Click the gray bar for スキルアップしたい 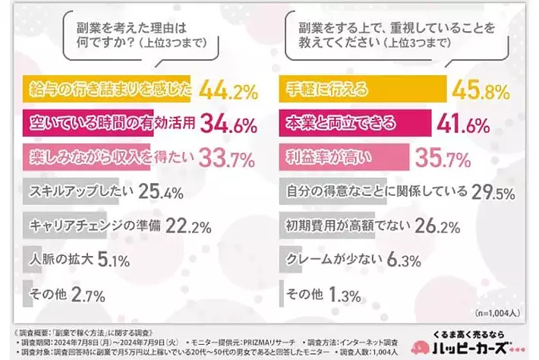[x=76, y=192]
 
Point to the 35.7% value [x=443, y=157]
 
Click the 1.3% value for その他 [x=345, y=292]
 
